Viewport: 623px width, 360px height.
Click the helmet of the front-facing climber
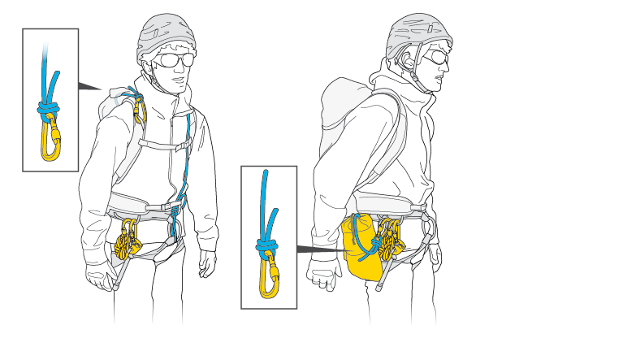pyautogui.click(x=167, y=33)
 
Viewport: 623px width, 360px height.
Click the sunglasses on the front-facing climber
pyautogui.click(x=174, y=60)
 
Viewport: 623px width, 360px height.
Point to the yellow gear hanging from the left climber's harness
pyautogui.click(x=127, y=239)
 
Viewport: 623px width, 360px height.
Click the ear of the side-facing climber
pyautogui.click(x=405, y=61)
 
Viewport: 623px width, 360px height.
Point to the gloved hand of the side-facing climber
pyautogui.click(x=324, y=276)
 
